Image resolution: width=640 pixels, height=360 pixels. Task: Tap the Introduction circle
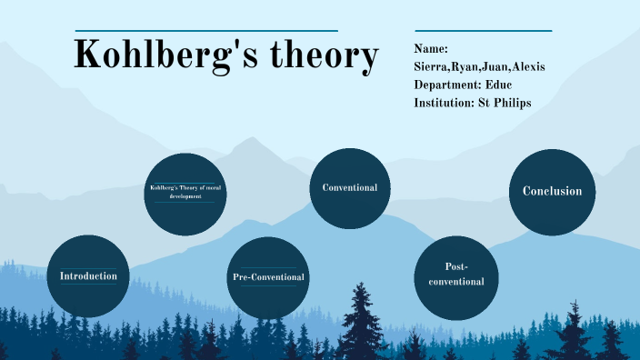click(x=88, y=276)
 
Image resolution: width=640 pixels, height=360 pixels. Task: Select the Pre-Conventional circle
click(x=267, y=277)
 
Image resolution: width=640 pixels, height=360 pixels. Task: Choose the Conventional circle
click(x=350, y=188)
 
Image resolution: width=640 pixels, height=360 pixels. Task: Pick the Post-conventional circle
click(x=455, y=275)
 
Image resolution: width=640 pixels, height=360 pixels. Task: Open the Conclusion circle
click(x=552, y=192)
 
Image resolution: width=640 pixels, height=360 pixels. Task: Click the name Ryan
click(x=470, y=67)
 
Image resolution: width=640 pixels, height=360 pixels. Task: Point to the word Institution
click(x=445, y=103)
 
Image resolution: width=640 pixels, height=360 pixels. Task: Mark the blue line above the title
click(x=206, y=31)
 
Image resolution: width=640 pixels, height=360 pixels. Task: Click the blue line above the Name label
click(x=483, y=31)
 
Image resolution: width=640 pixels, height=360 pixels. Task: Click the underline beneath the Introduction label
click(x=88, y=285)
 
